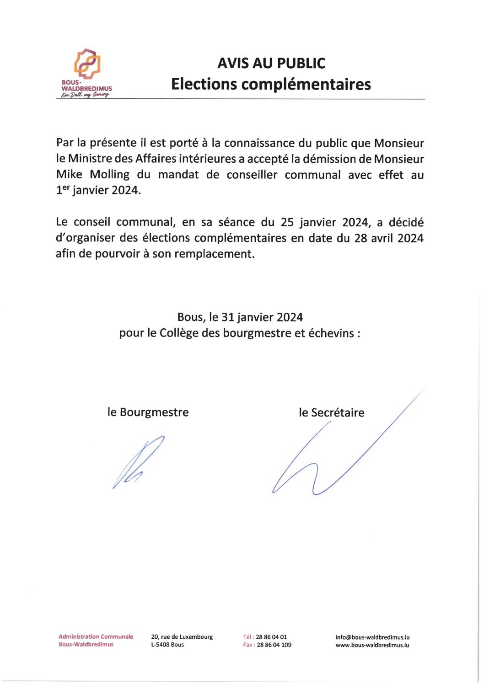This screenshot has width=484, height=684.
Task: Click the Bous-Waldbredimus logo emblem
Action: click(87, 64)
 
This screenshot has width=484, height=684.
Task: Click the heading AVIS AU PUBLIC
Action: click(271, 63)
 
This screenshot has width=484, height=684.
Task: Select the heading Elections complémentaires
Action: click(271, 84)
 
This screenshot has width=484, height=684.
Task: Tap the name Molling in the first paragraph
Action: click(110, 175)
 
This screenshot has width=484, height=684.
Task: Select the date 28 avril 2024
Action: click(389, 238)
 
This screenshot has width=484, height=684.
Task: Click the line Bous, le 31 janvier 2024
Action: click(240, 317)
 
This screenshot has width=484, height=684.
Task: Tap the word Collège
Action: click(179, 333)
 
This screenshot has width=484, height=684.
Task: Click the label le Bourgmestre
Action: click(148, 412)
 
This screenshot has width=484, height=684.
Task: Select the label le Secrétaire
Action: click(332, 413)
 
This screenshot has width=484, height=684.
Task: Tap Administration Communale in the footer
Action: click(96, 636)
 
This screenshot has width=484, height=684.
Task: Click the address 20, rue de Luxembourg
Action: click(182, 637)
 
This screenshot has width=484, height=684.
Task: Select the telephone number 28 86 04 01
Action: click(271, 637)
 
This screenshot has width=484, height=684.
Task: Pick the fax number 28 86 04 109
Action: click(274, 645)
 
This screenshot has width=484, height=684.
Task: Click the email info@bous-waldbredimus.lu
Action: click(372, 637)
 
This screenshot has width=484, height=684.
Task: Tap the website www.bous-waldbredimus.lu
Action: click(372, 645)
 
